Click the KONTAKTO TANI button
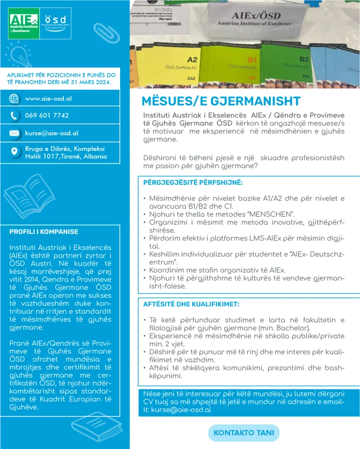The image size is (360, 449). point(244,433)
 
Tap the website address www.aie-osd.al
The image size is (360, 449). point(48,99)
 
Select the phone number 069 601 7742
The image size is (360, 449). point(47,115)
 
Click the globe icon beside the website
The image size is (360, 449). point(14,99)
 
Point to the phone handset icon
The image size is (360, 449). point(14,115)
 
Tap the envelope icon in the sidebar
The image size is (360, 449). point(14,133)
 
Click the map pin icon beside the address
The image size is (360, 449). point(14,152)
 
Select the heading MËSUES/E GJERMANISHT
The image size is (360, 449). point(221,102)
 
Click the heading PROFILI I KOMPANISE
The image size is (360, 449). point(44,232)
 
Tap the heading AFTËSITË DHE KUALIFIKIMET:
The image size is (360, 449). point(191,304)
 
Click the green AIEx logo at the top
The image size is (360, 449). point(24,23)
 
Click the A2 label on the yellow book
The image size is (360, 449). point(192,60)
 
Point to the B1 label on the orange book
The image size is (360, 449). point(252,60)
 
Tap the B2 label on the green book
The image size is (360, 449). point(304,60)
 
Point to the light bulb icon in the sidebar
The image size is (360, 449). point(18,52)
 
